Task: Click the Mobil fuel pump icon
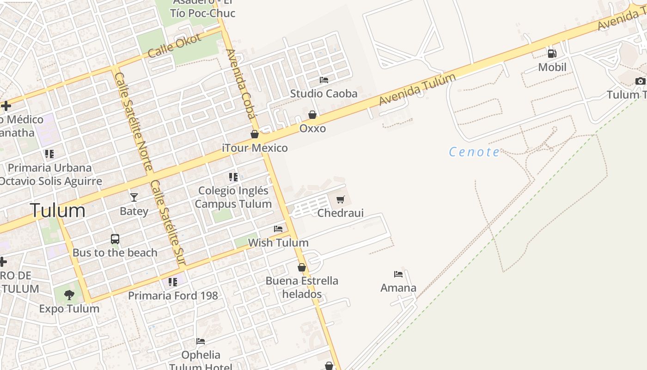coord(552,53)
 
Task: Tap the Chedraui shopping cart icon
coord(341,199)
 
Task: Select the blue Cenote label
coord(474,152)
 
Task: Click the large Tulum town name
coord(58,210)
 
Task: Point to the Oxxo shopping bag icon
coord(312,115)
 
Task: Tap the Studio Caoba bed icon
coord(323,80)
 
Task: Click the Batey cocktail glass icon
coord(134,197)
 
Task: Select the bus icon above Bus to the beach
coord(115,239)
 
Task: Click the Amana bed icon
coord(398,274)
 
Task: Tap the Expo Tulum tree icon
coord(69,295)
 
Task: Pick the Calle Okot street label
coord(175,45)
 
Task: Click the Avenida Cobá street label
coord(241,83)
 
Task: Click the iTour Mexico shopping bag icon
coord(255,134)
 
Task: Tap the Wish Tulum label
coord(278,242)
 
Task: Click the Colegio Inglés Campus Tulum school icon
coord(233,177)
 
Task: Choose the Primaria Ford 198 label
coord(173,296)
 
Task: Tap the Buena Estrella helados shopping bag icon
coord(302,267)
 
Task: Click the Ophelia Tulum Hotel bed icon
coord(201,341)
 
